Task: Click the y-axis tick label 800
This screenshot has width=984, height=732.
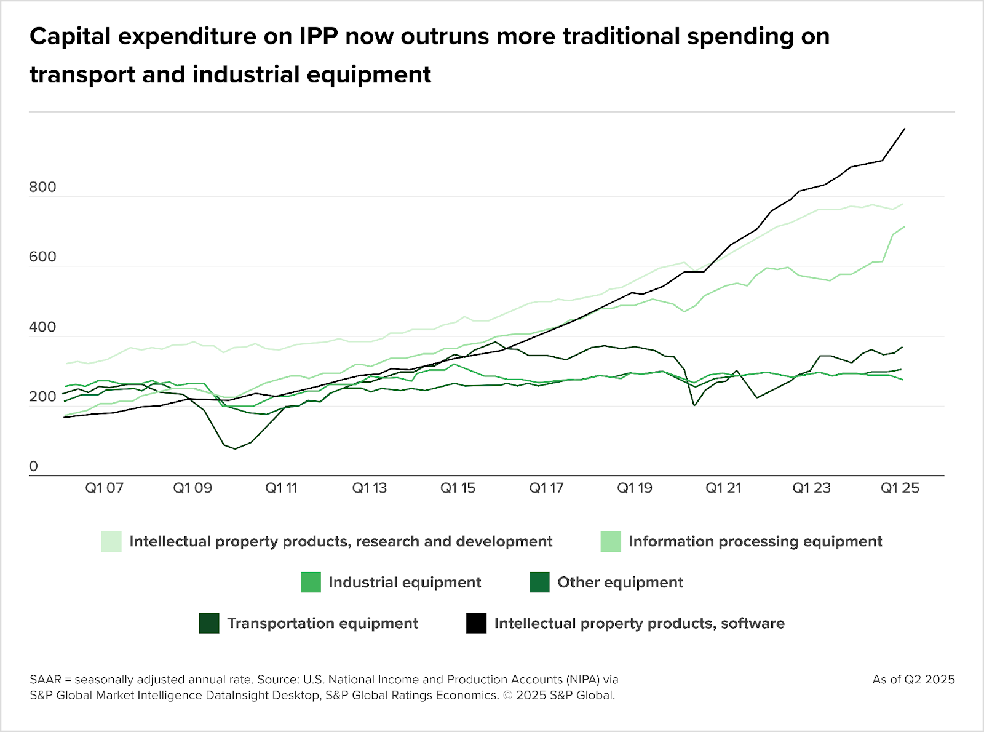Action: coord(42,187)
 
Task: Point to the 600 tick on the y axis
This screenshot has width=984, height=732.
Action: coord(42,257)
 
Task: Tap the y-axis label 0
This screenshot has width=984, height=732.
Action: coord(34,466)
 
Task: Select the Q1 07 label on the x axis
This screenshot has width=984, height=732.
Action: coord(105,488)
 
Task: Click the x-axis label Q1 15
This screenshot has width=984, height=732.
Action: coord(458,488)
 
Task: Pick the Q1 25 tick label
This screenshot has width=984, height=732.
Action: coord(900,488)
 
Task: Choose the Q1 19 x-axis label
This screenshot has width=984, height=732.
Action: coord(635,488)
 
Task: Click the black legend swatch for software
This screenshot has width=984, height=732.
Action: coord(477,623)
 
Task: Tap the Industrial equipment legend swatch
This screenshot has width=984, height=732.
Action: coord(311,583)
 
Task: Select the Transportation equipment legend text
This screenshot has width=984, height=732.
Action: coord(322,624)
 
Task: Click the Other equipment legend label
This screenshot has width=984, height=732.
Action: coord(620,583)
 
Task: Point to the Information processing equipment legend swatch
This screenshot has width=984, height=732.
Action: coord(611,541)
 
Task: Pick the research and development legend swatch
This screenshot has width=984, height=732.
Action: coord(111,541)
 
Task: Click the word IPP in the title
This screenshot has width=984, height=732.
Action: coord(319,36)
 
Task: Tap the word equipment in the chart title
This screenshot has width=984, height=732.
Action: coord(369,74)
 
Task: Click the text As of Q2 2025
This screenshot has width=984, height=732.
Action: coord(913,680)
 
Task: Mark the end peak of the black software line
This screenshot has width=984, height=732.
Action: coord(905,129)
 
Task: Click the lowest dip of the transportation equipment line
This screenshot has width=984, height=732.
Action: coord(235,449)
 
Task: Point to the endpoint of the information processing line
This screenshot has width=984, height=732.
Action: coord(904,227)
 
